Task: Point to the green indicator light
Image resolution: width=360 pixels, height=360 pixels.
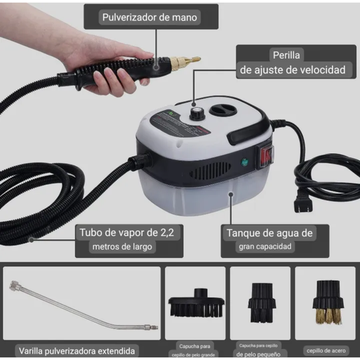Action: point(243,161)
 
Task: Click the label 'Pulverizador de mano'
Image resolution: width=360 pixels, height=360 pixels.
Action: point(150,17)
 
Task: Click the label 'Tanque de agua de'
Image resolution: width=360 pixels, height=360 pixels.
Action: point(268,233)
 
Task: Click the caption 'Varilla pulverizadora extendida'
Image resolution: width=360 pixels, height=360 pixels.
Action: point(78,351)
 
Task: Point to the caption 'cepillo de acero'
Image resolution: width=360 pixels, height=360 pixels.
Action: point(326,350)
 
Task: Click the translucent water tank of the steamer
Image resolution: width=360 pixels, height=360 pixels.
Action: point(203,196)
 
